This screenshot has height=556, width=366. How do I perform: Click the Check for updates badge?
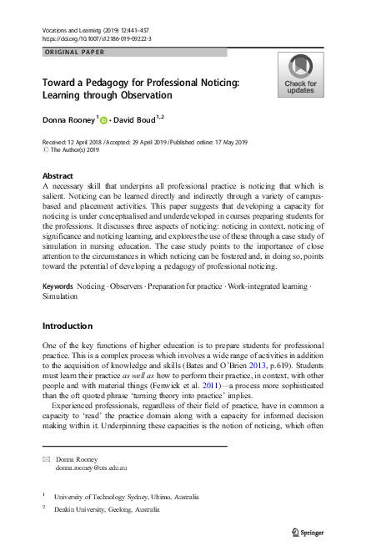pos(300,75)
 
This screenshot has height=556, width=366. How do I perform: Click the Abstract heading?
pos(58,175)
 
